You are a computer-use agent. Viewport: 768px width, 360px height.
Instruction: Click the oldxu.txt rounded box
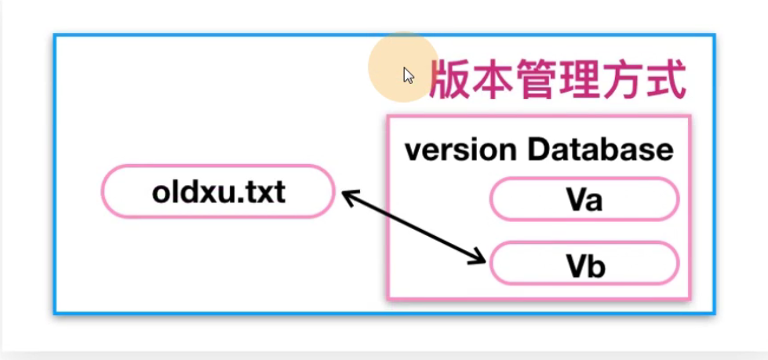pos(217,191)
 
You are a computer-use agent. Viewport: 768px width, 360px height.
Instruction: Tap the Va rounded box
pos(584,200)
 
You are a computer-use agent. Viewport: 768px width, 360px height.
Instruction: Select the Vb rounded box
pos(584,263)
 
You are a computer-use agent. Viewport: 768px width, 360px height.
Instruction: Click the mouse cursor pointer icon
pos(408,75)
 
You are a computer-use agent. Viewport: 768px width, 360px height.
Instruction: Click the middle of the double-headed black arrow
pos(413,227)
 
